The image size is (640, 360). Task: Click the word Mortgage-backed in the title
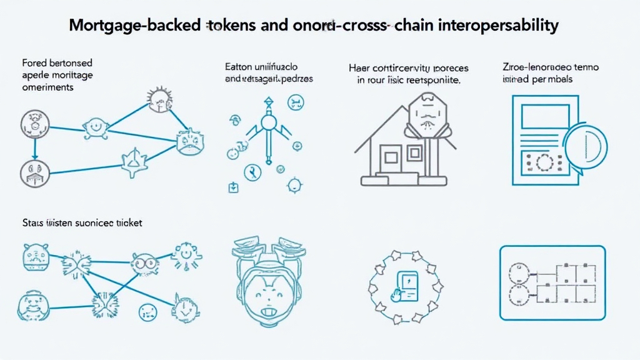click(134, 26)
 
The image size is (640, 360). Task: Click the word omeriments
click(47, 87)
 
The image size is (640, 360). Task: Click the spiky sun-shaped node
click(159, 97)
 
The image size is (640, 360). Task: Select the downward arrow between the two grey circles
click(35, 147)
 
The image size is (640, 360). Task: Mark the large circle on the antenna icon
click(269, 122)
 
